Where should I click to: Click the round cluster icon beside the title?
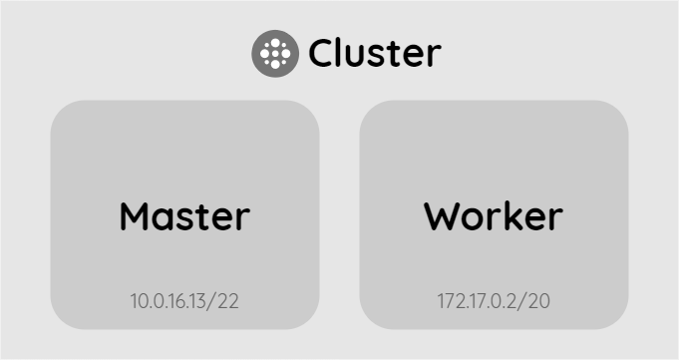[x=274, y=53]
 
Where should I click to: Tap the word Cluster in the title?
[x=374, y=54]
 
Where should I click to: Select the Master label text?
[x=184, y=215]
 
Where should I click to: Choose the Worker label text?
[x=494, y=215]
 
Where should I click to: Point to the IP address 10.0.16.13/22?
[x=184, y=301]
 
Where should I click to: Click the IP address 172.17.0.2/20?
[x=494, y=301]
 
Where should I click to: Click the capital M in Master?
[x=137, y=215]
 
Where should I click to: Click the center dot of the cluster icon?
[x=274, y=53]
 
